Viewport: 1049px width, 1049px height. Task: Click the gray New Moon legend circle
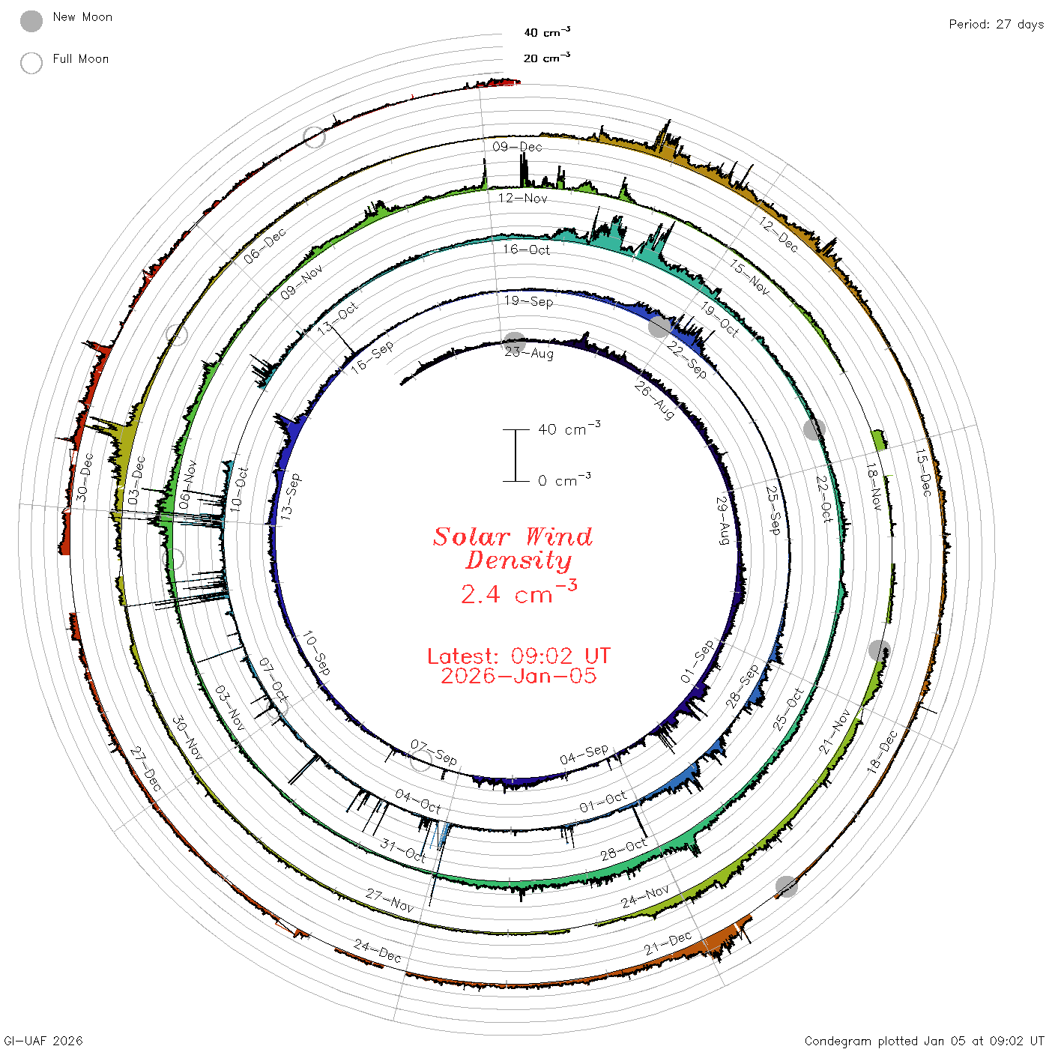tap(31, 21)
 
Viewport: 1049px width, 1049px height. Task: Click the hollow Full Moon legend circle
tap(31, 63)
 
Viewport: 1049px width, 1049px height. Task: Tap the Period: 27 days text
tap(996, 25)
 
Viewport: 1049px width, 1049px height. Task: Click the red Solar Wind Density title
tap(513, 548)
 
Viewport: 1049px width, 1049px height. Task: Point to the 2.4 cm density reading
tap(519, 593)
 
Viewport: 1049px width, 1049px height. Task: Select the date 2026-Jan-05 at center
tap(519, 676)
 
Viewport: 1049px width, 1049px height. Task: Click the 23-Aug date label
tap(528, 354)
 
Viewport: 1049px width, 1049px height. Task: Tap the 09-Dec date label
tap(517, 147)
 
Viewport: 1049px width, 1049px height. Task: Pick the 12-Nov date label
tap(522, 199)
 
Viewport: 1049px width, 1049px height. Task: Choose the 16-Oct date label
tap(527, 250)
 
